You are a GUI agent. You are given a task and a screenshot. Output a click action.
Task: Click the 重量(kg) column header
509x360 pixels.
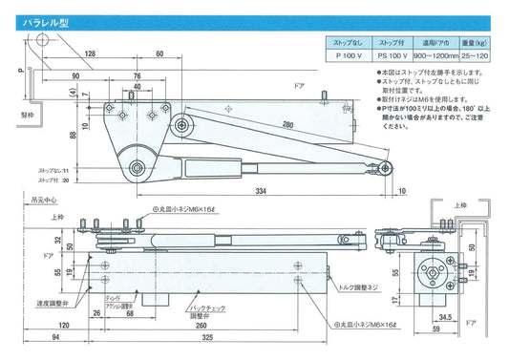480,43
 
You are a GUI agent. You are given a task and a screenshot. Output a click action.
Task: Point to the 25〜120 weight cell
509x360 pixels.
480,56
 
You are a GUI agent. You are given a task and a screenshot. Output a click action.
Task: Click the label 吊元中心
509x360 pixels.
43,201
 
